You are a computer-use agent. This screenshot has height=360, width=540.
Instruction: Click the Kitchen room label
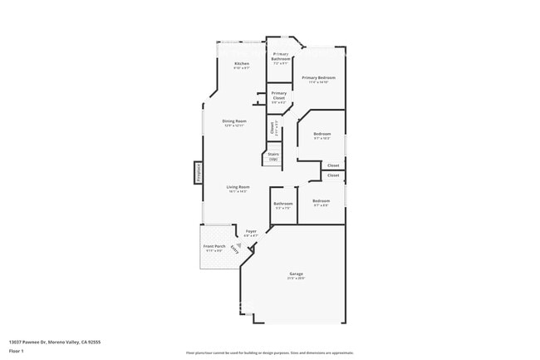[242, 63]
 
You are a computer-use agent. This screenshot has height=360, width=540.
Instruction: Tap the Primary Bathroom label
[281, 57]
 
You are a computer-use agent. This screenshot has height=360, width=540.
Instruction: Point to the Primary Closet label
[278, 95]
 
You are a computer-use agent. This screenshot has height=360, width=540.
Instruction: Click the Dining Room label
[234, 121]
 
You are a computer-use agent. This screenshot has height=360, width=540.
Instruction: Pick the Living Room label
[238, 187]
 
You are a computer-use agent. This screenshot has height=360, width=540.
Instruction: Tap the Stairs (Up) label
[272, 155]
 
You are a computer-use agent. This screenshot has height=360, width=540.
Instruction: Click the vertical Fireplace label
[199, 173]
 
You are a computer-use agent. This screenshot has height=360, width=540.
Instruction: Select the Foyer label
[250, 231]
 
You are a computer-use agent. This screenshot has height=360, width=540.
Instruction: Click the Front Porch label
[214, 246]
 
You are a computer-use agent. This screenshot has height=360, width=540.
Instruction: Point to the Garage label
[296, 274]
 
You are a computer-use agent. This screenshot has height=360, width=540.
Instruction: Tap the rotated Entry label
[244, 249]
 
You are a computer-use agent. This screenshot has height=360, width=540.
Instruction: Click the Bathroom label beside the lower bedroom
[282, 204]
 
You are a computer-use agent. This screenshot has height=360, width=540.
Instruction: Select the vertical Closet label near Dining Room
[272, 128]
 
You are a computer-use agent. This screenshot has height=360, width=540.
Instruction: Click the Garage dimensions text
[296, 279]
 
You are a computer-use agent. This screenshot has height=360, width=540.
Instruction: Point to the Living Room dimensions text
[238, 192]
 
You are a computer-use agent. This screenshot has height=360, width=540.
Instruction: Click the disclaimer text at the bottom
[270, 353]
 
